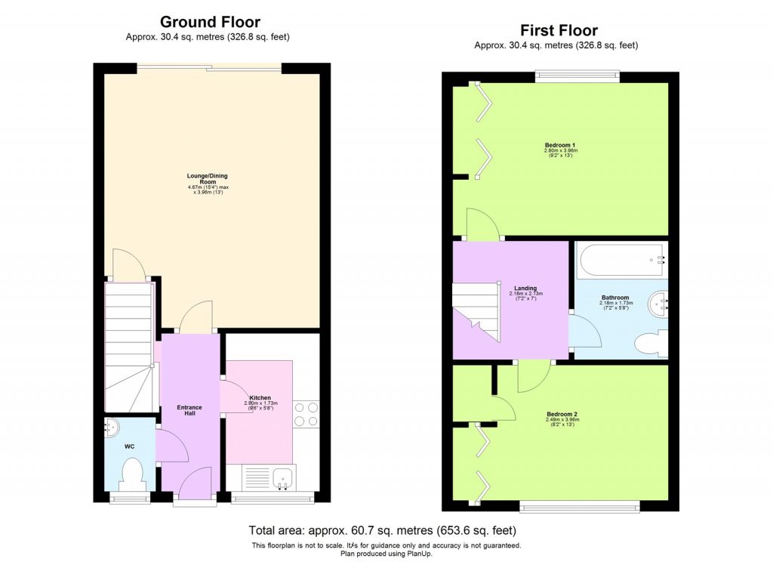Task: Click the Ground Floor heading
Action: (x=210, y=22)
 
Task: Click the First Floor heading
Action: (x=559, y=30)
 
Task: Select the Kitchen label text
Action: (x=260, y=398)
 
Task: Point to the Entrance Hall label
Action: (x=189, y=410)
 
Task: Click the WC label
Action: (x=131, y=446)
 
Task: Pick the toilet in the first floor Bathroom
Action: (x=650, y=345)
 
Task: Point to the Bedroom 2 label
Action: (x=562, y=415)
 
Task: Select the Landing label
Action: (x=525, y=289)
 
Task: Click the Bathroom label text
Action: (x=615, y=298)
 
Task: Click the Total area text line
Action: (x=383, y=530)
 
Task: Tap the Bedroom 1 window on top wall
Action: (x=577, y=75)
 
